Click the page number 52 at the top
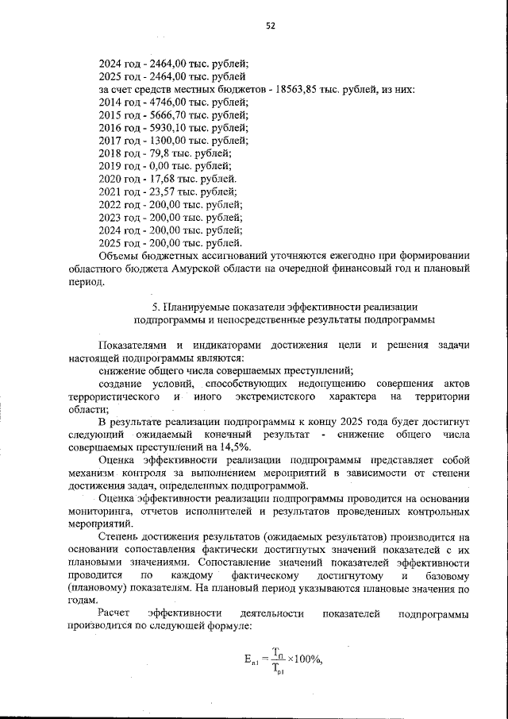270,25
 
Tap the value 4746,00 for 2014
159,102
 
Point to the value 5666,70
159,115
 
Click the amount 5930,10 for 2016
159,128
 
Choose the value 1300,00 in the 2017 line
159,141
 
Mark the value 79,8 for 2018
151,153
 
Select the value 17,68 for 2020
153,179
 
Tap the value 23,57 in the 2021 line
153,191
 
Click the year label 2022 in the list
110,204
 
